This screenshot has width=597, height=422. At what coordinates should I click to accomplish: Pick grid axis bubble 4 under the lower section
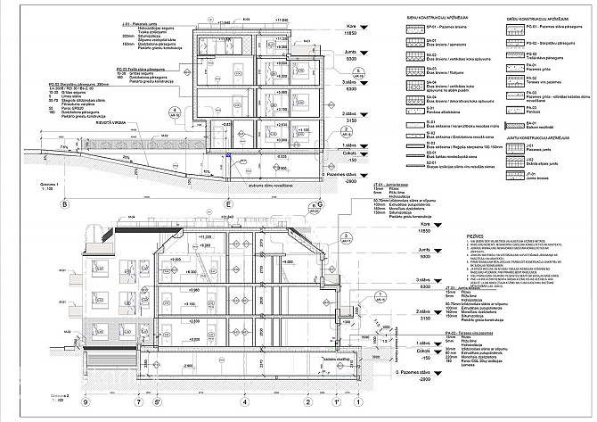[243, 401]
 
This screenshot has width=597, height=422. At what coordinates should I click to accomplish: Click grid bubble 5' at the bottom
[158, 401]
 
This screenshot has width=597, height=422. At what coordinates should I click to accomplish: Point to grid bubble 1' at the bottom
[336, 401]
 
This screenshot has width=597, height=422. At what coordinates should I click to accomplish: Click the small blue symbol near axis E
[230, 156]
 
